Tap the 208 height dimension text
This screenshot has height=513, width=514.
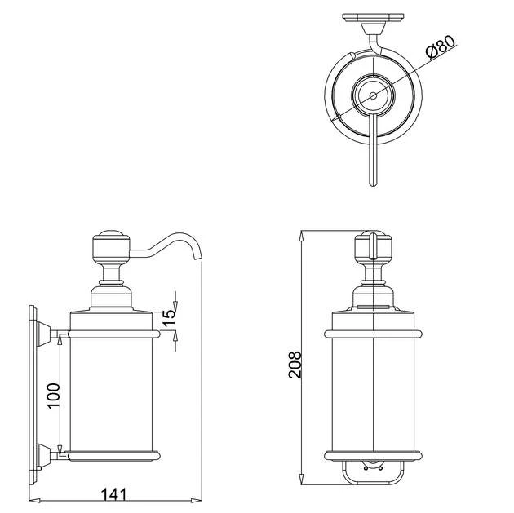[x=295, y=365]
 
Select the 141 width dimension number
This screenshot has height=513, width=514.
[x=115, y=493]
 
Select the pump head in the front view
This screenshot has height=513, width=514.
[x=373, y=245]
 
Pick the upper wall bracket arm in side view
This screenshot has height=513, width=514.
[x=54, y=334]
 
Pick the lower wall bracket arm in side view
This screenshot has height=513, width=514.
[x=54, y=453]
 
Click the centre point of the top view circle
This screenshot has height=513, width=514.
[x=373, y=96]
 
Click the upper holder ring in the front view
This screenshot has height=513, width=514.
[x=373, y=334]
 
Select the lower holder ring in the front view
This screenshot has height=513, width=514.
[x=373, y=455]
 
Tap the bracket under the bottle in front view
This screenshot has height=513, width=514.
[x=373, y=469]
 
